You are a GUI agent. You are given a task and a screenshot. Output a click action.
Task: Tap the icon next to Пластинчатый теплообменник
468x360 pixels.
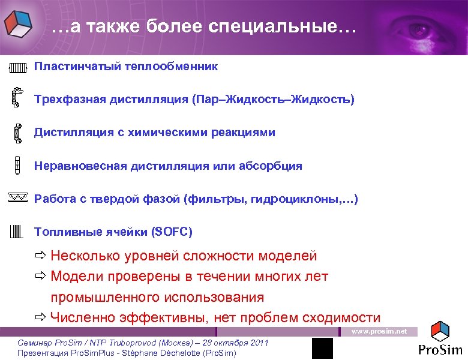(18, 67)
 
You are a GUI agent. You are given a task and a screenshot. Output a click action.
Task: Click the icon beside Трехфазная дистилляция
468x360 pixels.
(17, 98)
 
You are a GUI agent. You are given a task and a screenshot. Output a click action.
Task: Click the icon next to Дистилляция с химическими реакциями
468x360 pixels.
(17, 133)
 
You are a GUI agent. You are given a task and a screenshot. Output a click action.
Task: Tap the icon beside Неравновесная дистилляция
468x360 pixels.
(17, 166)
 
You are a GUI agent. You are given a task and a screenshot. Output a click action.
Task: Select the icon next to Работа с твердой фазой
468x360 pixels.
(18, 197)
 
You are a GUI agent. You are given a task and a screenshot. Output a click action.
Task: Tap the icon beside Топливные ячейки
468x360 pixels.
(17, 232)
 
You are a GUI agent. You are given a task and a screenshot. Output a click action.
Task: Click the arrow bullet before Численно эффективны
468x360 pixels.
(40, 318)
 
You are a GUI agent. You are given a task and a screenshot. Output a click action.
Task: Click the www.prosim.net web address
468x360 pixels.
(379, 331)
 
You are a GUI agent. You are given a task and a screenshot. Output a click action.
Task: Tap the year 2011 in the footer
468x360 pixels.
(257, 343)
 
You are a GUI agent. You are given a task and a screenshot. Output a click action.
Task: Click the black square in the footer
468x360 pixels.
(322, 349)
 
